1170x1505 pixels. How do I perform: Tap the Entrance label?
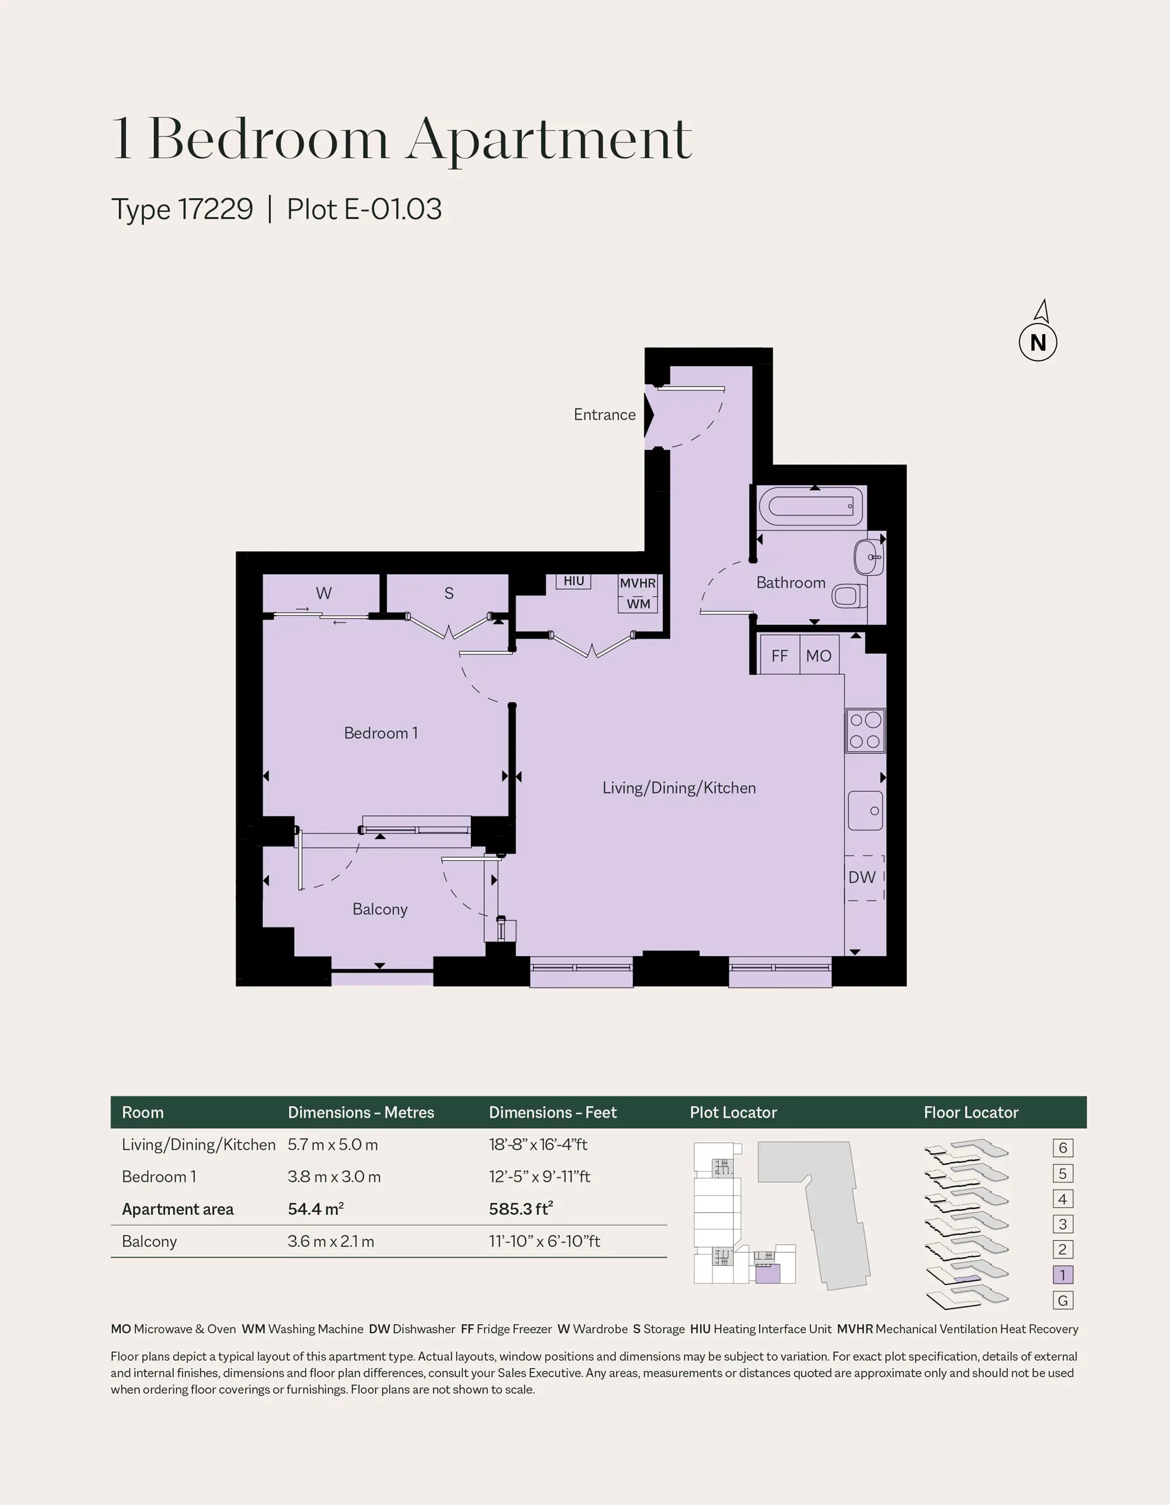click(x=604, y=414)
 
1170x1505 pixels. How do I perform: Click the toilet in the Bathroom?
click(x=849, y=595)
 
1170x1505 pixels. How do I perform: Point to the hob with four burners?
click(x=865, y=730)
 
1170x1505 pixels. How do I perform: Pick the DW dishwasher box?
click(x=864, y=877)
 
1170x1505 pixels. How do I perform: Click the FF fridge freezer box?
click(x=779, y=655)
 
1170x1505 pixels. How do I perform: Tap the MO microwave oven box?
click(x=818, y=655)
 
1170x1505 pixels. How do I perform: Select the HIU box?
click(x=574, y=581)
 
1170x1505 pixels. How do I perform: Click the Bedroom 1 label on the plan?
click(x=381, y=733)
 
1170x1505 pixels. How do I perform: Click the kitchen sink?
click(x=865, y=810)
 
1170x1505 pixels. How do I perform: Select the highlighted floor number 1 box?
click(x=1062, y=1275)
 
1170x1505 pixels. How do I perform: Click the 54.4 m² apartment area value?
click(x=315, y=1209)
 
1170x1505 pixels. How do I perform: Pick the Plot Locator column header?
click(x=733, y=1112)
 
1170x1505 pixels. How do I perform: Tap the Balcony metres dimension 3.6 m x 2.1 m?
click(x=331, y=1241)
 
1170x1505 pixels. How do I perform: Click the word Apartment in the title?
click(x=549, y=140)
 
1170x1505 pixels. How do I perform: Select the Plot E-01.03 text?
click(x=364, y=209)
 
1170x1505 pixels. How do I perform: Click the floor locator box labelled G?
click(x=1062, y=1300)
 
